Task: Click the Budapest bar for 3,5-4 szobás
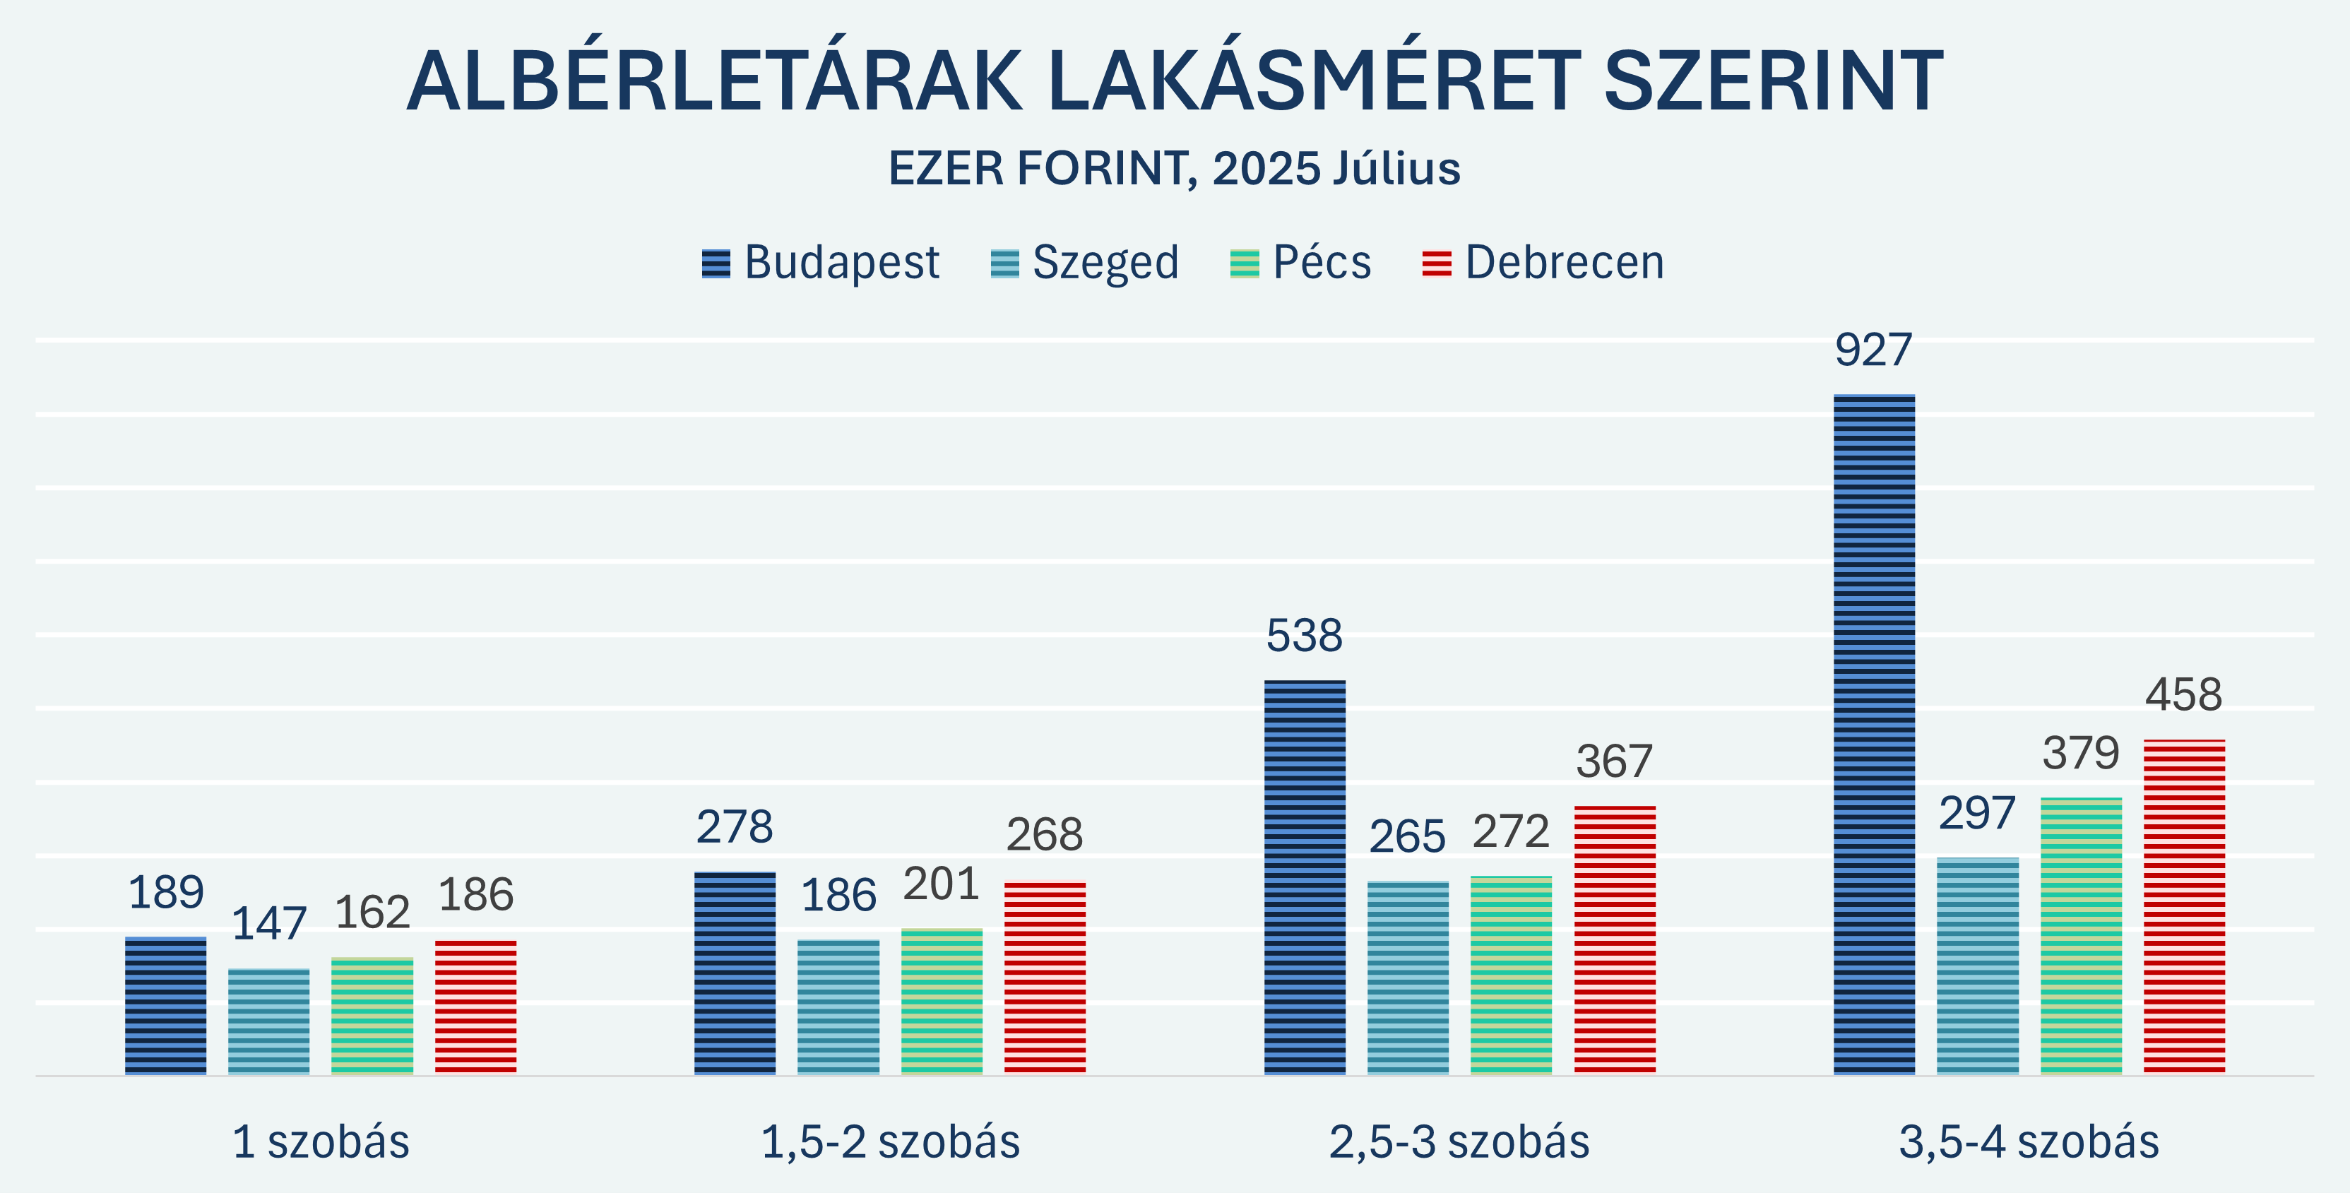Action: tap(1874, 734)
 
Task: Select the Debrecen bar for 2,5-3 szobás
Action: tap(1615, 939)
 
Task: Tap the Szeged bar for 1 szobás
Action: tap(268, 1021)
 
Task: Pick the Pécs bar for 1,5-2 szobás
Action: tap(942, 1002)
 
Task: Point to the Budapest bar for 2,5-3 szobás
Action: tap(1305, 877)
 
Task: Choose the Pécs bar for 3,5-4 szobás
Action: tap(2081, 936)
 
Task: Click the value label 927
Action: tap(1873, 350)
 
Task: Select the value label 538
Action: tap(1304, 636)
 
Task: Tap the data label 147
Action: tap(268, 924)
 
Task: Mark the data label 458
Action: tap(2183, 695)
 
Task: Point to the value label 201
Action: tap(941, 884)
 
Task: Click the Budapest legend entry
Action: tap(820, 263)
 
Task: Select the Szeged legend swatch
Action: tap(1004, 263)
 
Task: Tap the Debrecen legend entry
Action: tap(1543, 263)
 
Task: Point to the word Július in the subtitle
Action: tap(1396, 169)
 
